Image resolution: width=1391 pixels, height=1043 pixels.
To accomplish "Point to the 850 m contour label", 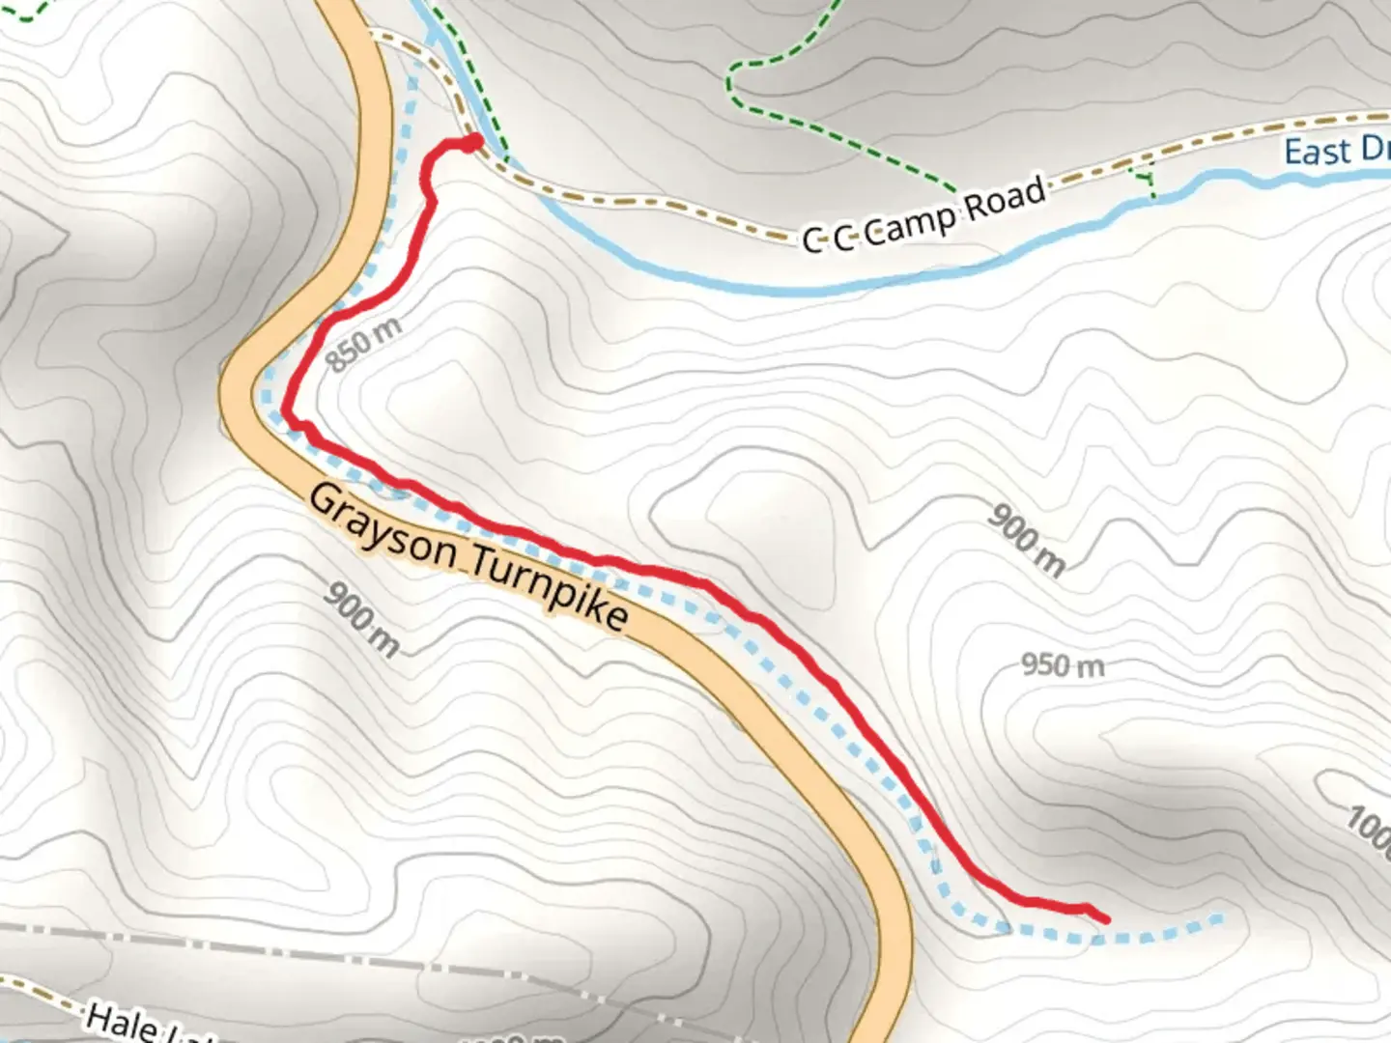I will click(363, 344).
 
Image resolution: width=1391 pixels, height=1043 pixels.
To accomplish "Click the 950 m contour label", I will click(1063, 665).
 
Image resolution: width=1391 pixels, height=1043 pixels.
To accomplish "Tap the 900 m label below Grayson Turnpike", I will click(361, 619).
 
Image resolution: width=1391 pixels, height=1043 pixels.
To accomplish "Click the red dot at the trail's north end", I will click(473, 143).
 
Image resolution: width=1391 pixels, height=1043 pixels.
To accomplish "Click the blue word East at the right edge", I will click(1318, 153).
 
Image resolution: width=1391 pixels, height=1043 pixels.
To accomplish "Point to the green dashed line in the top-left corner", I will click(24, 13).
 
